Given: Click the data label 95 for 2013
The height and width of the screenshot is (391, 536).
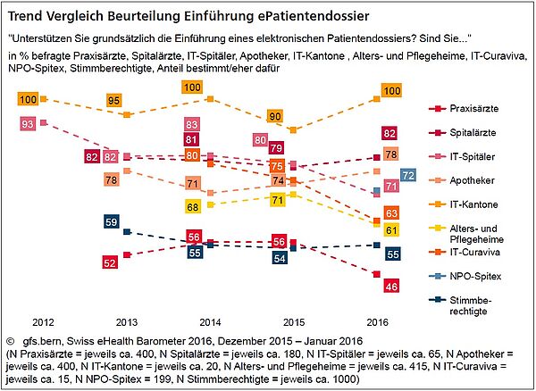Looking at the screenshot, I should click(113, 101).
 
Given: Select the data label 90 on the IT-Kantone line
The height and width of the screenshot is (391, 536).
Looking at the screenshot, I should click(276, 116).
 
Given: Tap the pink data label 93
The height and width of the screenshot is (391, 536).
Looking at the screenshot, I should click(28, 123).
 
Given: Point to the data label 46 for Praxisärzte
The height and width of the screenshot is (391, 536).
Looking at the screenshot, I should click(390, 286).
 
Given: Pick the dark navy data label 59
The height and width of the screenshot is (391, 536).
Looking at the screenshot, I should click(112, 221).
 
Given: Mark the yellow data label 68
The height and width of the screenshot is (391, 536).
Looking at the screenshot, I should click(191, 206).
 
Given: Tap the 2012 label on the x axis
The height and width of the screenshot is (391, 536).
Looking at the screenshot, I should click(44, 320).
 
